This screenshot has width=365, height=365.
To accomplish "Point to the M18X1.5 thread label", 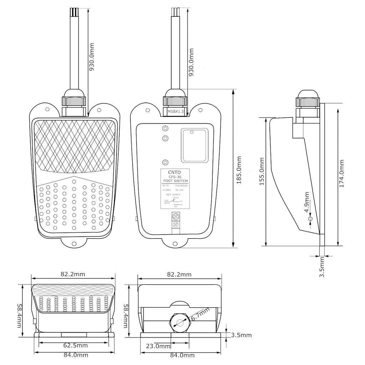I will [x=175, y=112].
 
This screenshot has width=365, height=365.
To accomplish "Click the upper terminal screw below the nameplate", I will [x=175, y=216].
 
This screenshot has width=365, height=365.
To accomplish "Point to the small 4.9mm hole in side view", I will [x=310, y=218].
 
